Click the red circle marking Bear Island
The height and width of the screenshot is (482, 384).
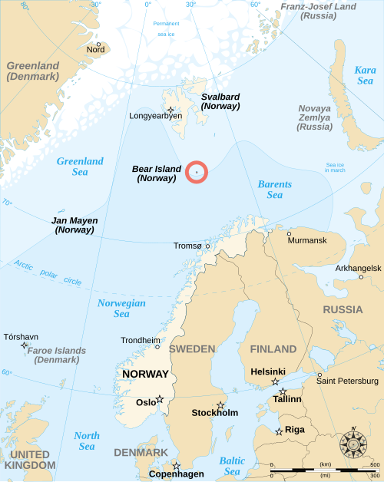click(x=197, y=172)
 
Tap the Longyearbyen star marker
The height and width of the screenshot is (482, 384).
click(x=170, y=110)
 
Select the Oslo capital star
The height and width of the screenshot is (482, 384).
click(x=160, y=399)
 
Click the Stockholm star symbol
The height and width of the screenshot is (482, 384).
click(x=220, y=404)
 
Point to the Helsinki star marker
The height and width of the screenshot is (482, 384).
click(x=275, y=381)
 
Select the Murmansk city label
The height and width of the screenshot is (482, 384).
click(x=307, y=241)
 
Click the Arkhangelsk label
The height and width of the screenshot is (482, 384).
click(x=358, y=268)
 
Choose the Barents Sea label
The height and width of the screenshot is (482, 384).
click(x=275, y=190)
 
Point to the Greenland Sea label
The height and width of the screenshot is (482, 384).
click(x=80, y=167)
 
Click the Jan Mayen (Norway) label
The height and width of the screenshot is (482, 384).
click(x=74, y=225)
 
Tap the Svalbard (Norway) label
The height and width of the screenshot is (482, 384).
click(x=220, y=101)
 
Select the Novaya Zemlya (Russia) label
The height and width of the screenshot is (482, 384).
click(x=315, y=117)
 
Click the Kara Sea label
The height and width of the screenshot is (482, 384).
click(x=365, y=75)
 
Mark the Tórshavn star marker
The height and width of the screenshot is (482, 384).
click(x=24, y=345)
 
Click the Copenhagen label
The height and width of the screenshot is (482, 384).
click(x=177, y=474)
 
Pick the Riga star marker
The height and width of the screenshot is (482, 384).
click(x=279, y=431)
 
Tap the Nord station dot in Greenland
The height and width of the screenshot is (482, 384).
click(x=98, y=45)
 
